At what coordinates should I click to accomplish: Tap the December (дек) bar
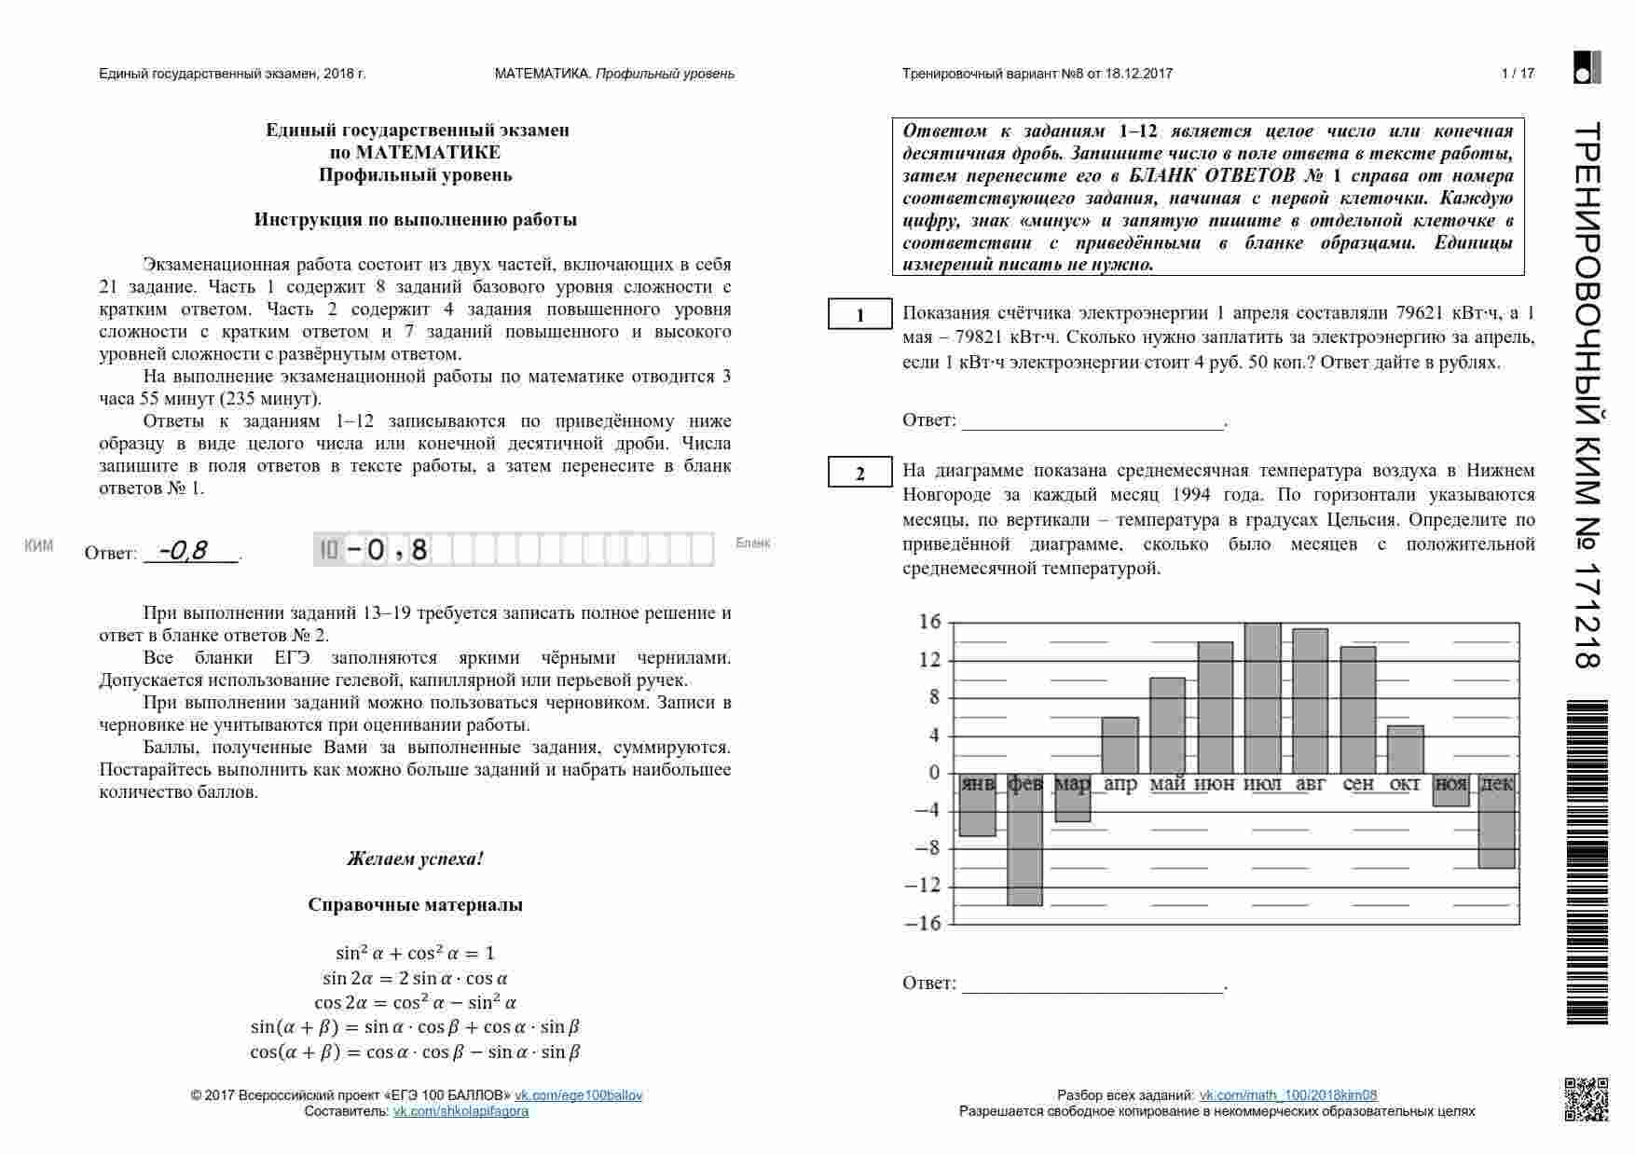point(1497,820)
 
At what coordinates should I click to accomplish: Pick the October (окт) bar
point(1406,749)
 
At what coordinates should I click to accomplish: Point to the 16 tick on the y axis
point(930,622)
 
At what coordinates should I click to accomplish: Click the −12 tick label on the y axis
point(923,886)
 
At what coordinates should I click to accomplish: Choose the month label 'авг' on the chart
point(1311,785)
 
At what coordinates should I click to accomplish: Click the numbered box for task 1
point(860,315)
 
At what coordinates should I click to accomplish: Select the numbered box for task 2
point(860,474)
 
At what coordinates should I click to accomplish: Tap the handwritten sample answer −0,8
point(184,551)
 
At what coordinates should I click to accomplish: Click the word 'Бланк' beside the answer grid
point(753,543)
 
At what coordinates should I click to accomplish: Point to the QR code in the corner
point(1586,1099)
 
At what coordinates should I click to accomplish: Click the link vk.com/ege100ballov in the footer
point(579,1095)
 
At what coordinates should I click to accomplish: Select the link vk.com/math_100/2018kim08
point(1287,1095)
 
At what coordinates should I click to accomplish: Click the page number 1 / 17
point(1518,74)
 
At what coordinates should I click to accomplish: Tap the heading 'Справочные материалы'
point(415,904)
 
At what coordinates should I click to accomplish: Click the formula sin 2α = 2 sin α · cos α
point(415,978)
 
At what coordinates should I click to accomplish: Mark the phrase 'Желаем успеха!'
point(415,859)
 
